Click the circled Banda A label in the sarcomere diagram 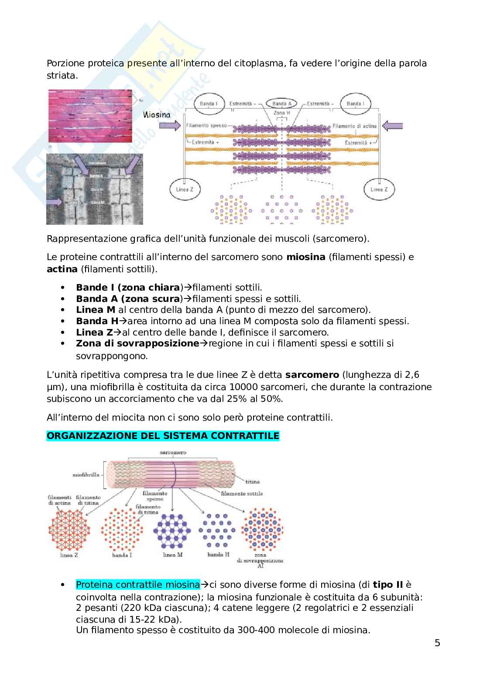coord(281,103)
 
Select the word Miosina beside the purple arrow coord(156,115)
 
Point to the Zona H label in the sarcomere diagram coord(281,113)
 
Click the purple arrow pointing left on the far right coord(393,126)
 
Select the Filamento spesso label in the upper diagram coord(206,126)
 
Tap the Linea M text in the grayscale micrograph coord(97,203)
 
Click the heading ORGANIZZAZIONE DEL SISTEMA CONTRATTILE coord(163,435)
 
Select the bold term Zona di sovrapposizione coord(137,343)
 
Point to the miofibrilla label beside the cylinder coord(87,474)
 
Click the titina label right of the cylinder coord(252,482)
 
